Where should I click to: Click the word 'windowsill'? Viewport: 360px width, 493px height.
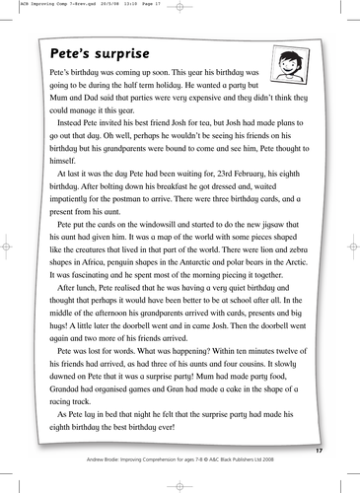(163, 225)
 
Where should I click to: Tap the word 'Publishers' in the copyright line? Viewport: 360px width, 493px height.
(255, 458)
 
